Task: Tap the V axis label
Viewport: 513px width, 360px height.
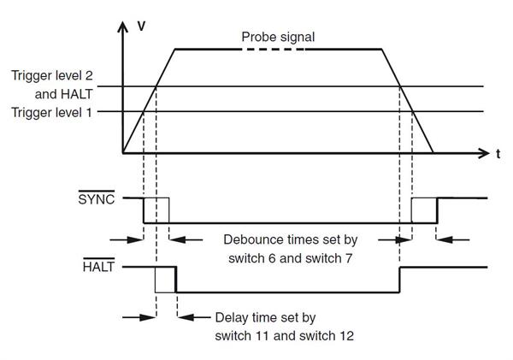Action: coord(141,26)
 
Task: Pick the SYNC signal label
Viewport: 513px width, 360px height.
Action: coord(95,198)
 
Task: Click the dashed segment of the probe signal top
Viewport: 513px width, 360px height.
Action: coord(273,50)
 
